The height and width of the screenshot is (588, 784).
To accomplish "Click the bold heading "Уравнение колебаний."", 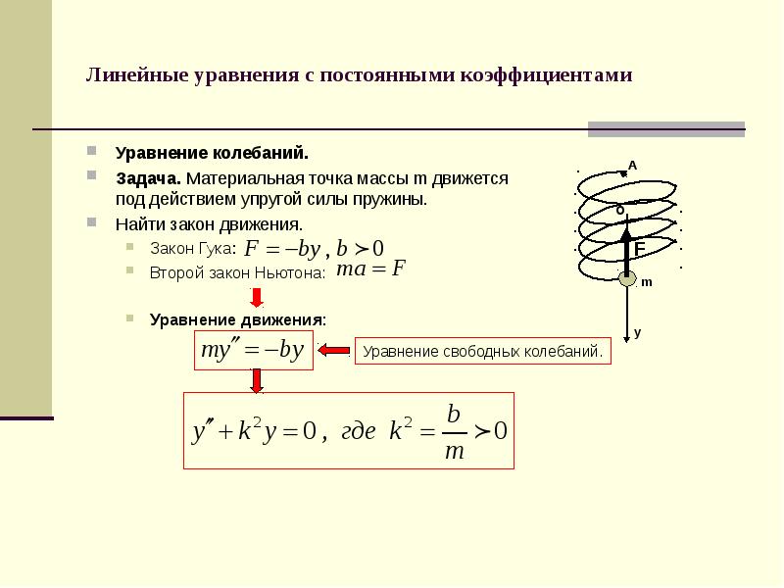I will click(212, 154).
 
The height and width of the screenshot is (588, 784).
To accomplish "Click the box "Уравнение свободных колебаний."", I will click(481, 351).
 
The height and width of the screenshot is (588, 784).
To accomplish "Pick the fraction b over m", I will click(453, 431).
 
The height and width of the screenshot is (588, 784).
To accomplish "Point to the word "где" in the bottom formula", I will click(358, 432).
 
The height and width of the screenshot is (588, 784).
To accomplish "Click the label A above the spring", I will click(632, 166).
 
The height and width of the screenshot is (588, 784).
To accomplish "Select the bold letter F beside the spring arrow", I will click(639, 249).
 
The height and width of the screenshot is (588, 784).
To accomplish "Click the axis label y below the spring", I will click(637, 333).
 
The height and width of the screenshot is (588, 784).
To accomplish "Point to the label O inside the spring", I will click(620, 209).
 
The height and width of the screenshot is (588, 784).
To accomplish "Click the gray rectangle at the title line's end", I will click(665, 128).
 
